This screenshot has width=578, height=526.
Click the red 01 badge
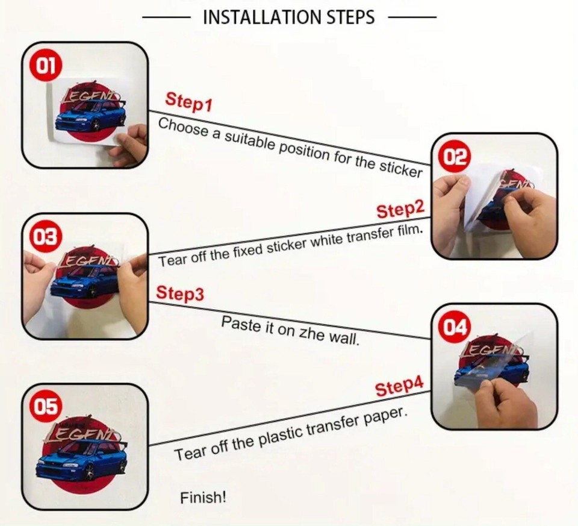point(46,66)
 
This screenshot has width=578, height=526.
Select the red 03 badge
point(46,237)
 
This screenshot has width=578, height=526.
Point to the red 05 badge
point(46,407)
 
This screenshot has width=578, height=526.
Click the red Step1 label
point(188,102)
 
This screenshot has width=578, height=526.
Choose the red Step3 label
point(179,293)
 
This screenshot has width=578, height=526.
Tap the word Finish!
point(203,498)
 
